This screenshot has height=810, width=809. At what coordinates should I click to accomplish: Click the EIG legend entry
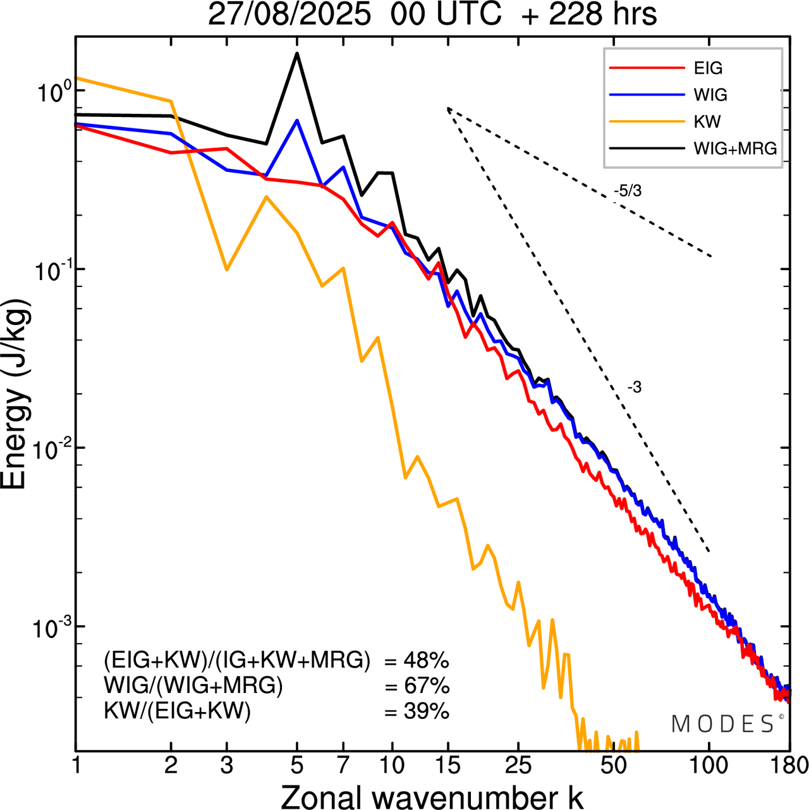click(708, 68)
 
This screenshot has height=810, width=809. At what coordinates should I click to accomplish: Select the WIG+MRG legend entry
click(734, 149)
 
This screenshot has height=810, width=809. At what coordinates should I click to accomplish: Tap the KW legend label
click(707, 121)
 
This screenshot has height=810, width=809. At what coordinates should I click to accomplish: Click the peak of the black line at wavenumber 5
click(297, 54)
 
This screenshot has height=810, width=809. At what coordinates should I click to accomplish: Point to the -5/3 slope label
click(628, 191)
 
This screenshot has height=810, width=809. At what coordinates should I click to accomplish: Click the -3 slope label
click(635, 388)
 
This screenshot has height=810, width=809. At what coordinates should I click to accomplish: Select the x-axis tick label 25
click(518, 765)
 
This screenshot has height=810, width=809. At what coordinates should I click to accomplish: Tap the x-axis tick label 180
click(789, 765)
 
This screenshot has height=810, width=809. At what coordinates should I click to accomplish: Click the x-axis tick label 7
click(343, 765)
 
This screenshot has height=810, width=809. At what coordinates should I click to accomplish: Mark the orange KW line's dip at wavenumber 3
click(226, 270)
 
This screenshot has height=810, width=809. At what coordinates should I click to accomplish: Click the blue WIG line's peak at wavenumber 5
click(297, 120)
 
